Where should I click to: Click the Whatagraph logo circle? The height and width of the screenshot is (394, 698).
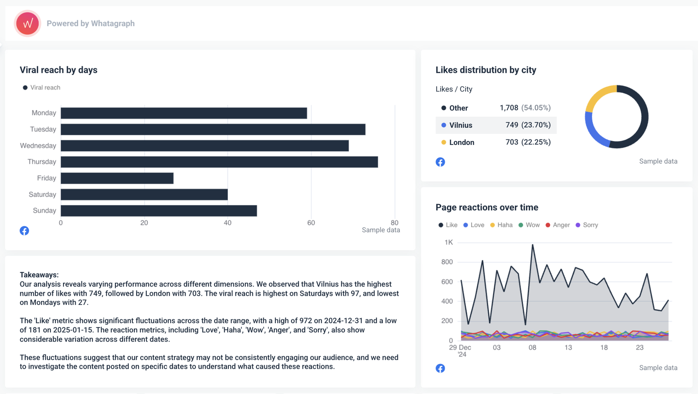pos(28,23)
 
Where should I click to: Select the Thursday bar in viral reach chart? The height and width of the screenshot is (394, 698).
pos(219,162)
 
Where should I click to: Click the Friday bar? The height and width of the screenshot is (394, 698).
pos(117,178)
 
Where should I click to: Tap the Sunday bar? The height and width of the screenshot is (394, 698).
pos(159,211)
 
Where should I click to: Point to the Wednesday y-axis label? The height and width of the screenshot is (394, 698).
pos(38,145)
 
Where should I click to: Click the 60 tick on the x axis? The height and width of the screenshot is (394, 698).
pos(311,223)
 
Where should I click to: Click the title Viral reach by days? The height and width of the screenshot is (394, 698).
pos(59,70)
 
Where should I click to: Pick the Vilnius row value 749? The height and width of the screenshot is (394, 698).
pos(511,125)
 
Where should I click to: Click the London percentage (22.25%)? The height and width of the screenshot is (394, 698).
pos(536,142)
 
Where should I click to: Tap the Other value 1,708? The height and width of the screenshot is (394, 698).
pos(508,108)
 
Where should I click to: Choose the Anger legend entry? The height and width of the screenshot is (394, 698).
pos(557,225)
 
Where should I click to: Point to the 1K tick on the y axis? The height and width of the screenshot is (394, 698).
pos(448,242)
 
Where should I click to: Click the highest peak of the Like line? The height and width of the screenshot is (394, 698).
pos(533,245)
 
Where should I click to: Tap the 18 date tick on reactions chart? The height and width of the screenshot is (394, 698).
pos(604,347)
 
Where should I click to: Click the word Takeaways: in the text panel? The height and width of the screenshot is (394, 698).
pos(39,275)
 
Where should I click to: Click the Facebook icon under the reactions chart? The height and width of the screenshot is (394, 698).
pos(440,368)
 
